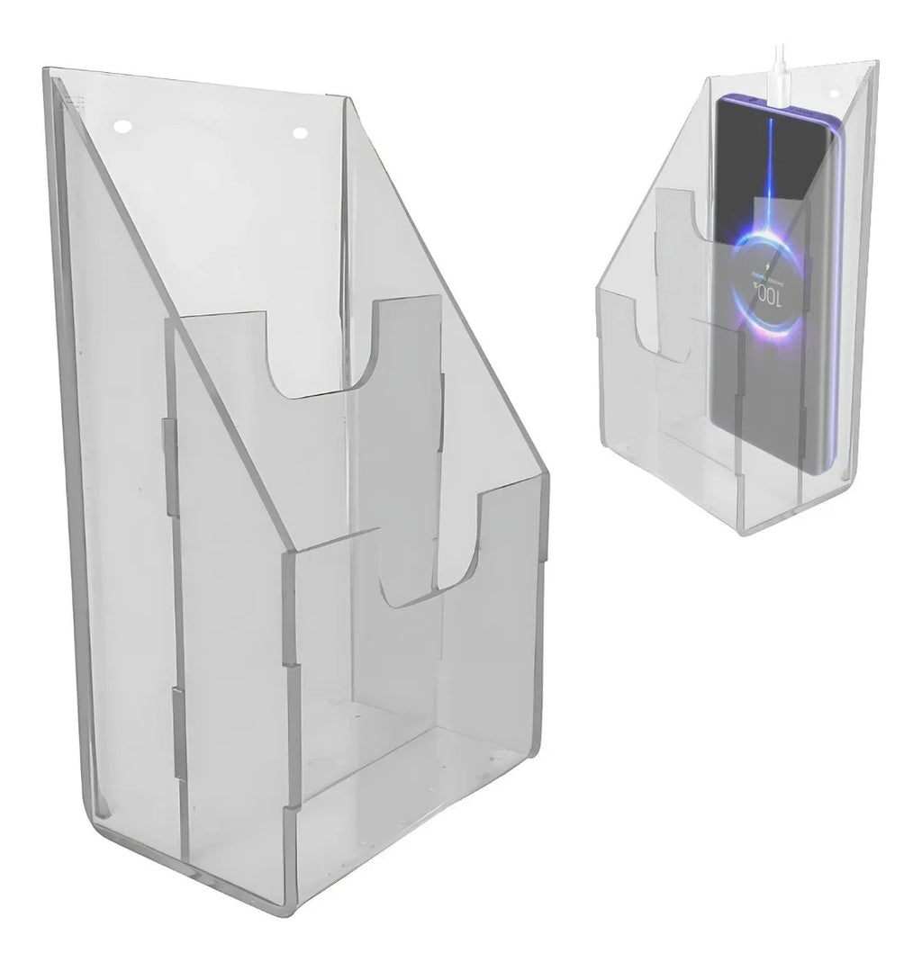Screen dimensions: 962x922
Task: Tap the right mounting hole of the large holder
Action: [x=301, y=133]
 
